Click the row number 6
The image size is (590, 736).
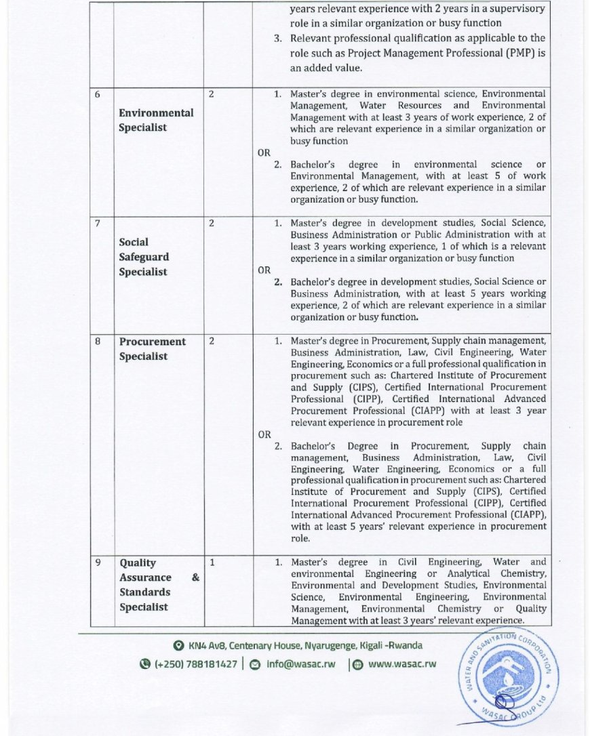[97, 95]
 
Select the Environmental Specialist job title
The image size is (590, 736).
[156, 120]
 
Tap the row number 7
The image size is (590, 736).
[97, 224]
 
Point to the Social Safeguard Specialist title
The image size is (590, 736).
[144, 257]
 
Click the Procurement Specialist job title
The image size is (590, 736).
[153, 349]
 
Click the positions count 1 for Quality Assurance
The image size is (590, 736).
[212, 563]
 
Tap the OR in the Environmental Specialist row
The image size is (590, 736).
[264, 153]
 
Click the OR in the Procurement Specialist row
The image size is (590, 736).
[264, 434]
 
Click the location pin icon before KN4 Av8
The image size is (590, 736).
[178, 646]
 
